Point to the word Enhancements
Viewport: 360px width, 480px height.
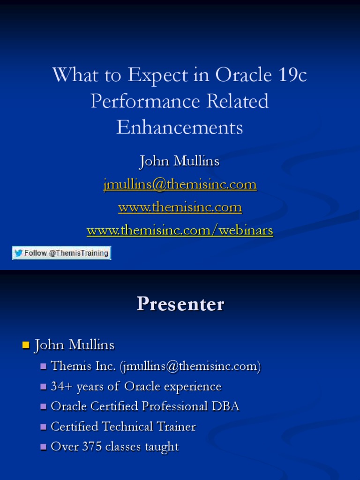pos(180,127)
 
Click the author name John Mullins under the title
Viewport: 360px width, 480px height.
pos(180,161)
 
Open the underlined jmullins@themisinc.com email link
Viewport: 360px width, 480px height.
pos(180,184)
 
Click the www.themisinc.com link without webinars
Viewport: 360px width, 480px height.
pos(180,207)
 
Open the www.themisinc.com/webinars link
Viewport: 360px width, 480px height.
pos(180,230)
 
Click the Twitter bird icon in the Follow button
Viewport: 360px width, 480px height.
pos(19,253)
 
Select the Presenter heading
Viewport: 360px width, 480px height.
pos(180,304)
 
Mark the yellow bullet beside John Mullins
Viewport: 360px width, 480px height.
pos(26,346)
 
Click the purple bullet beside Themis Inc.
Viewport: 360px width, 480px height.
pos(44,367)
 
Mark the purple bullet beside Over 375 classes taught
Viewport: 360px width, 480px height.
pos(44,447)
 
